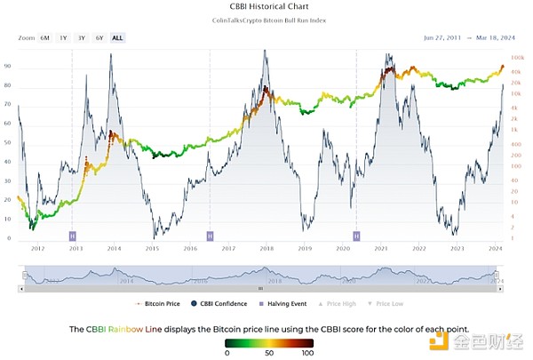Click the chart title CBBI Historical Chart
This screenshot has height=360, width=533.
(266, 8)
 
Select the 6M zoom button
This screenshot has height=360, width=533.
(44, 38)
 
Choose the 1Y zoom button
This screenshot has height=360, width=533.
(63, 38)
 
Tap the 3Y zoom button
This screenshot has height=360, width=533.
(81, 38)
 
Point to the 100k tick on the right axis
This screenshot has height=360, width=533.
(518, 57)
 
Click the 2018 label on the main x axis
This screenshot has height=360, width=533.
(266, 250)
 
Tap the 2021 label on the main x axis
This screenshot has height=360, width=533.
(381, 250)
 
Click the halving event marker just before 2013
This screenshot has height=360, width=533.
(72, 236)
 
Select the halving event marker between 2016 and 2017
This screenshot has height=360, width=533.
(210, 236)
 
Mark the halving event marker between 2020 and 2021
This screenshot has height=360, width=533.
(356, 236)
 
